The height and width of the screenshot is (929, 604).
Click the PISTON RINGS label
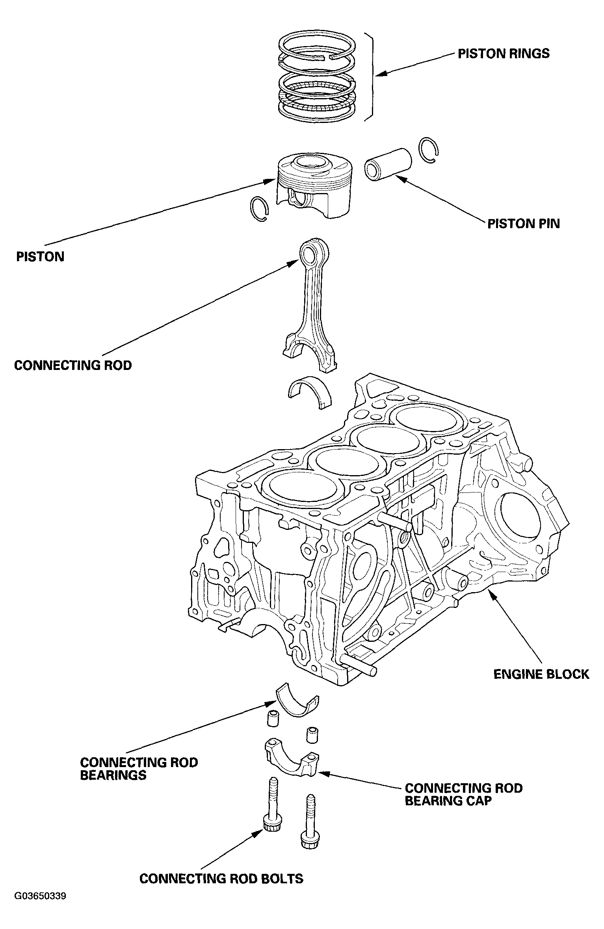[503, 54]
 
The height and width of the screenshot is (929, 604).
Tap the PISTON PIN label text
[523, 224]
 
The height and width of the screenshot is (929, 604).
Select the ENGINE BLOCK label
[541, 674]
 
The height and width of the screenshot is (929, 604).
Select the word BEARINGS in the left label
[113, 775]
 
